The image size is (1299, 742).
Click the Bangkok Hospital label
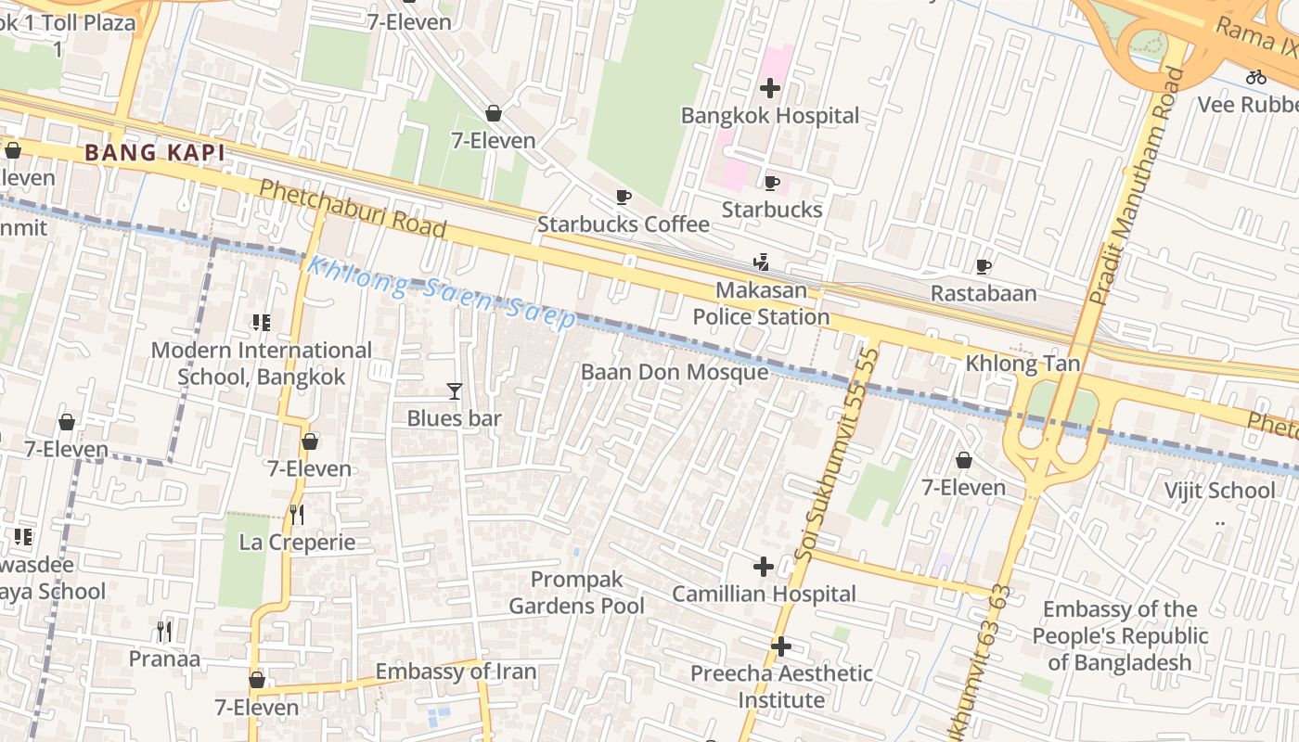coord(770,116)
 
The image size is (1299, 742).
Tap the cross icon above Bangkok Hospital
coord(770,88)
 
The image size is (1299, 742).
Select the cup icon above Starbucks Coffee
coord(624,197)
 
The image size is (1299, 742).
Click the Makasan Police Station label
coord(761,303)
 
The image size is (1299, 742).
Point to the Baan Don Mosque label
coord(675,372)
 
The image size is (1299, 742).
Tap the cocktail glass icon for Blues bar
coord(455,391)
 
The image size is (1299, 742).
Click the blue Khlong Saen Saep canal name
coord(441,292)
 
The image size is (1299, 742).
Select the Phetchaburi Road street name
coord(353,209)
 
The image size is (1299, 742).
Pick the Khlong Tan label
coord(1022,364)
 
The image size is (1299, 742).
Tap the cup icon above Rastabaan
coord(984,267)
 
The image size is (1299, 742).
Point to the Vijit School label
coord(1219,490)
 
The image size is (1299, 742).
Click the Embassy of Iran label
coord(456,672)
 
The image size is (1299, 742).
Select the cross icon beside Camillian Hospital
coord(764,566)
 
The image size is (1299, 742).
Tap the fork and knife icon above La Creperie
coord(297,514)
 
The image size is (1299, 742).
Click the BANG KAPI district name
coord(155,153)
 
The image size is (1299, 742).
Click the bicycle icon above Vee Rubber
coord(1256,77)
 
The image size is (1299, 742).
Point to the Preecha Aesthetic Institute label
coord(781,686)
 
